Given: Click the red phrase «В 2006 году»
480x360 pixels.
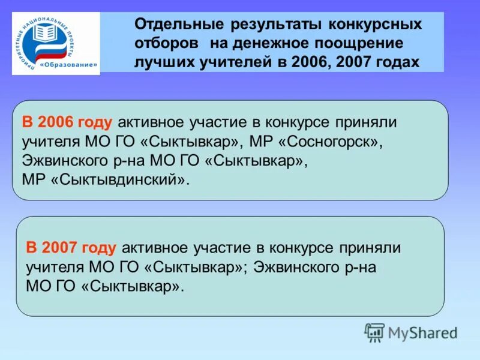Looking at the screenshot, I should point(67,122).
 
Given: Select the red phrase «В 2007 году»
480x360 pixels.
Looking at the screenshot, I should point(71,247).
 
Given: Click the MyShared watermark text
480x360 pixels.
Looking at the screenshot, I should point(423,332).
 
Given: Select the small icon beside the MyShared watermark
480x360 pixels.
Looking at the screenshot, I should point(374,332).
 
